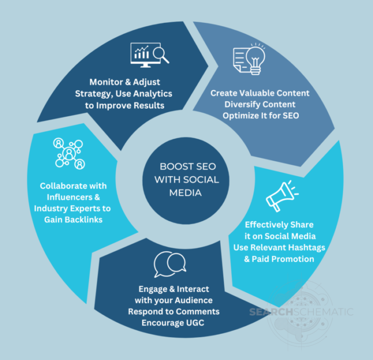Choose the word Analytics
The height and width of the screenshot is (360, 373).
click(x=153, y=94)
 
